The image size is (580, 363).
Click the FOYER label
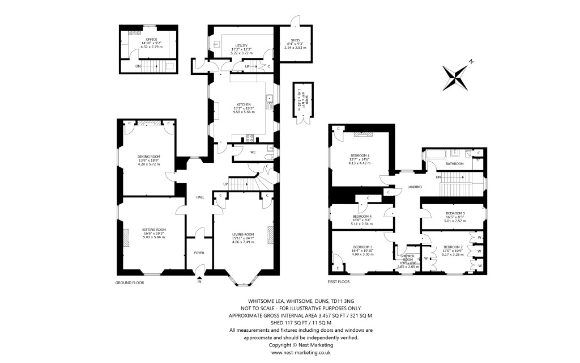pyautogui.click(x=199, y=253)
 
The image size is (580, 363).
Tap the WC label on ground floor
pyautogui.click(x=238, y=151)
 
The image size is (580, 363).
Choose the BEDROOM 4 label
pyautogui.click(x=362, y=216)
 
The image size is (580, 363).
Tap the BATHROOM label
pyautogui.click(x=454, y=163)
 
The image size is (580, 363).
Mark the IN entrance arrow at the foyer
pyautogui.click(x=199, y=278)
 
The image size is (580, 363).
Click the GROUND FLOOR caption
pyautogui.click(x=130, y=282)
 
